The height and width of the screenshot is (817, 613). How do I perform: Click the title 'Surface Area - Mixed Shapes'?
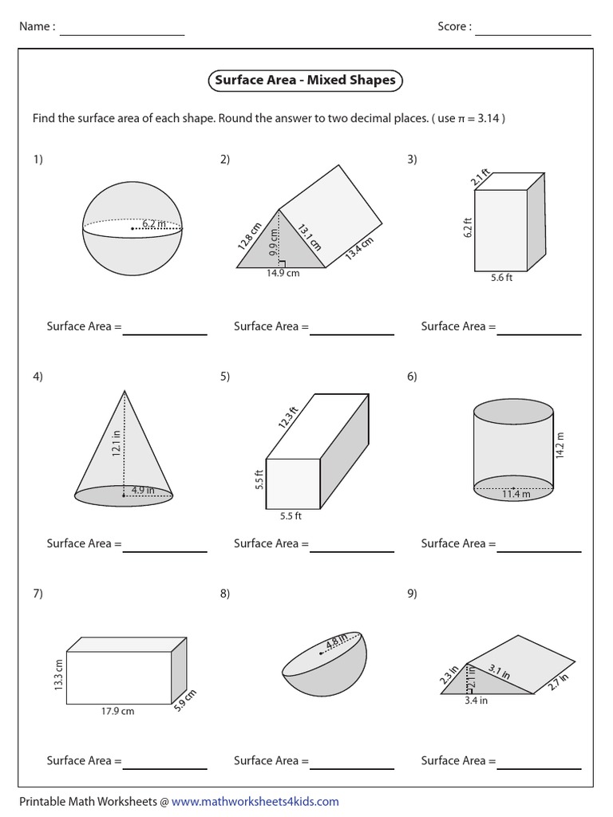tap(306, 81)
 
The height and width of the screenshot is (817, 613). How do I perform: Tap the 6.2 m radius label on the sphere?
tap(154, 224)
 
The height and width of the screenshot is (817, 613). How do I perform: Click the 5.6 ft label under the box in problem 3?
tap(500, 279)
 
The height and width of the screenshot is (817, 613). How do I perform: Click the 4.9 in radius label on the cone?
tap(145, 490)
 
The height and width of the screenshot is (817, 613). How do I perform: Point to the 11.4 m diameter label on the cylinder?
tap(515, 495)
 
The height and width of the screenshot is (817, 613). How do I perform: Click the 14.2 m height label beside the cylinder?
tap(560, 445)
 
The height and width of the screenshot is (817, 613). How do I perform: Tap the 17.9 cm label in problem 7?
tap(117, 711)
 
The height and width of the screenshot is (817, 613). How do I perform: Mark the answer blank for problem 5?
tap(351, 550)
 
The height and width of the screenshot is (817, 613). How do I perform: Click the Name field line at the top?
tap(121, 34)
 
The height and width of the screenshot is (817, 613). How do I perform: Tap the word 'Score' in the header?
tap(453, 26)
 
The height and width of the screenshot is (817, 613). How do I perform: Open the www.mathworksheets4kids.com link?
tap(255, 801)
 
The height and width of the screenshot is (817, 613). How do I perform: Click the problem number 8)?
tap(225, 593)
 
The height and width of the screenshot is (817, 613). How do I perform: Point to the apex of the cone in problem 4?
tap(125, 390)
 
